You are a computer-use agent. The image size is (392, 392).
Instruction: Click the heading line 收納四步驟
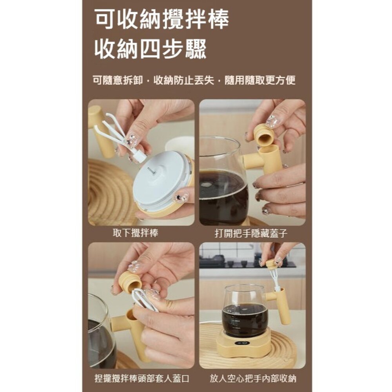150,49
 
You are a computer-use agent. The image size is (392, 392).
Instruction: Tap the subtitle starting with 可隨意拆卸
194,80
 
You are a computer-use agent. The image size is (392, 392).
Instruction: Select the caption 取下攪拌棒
135,233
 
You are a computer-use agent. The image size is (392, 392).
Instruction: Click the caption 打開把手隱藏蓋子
251,233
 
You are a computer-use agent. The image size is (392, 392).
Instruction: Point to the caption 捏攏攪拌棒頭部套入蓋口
142,379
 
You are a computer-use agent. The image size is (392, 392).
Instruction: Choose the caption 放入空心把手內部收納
253,379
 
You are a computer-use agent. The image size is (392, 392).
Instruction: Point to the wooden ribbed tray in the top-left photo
104,192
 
